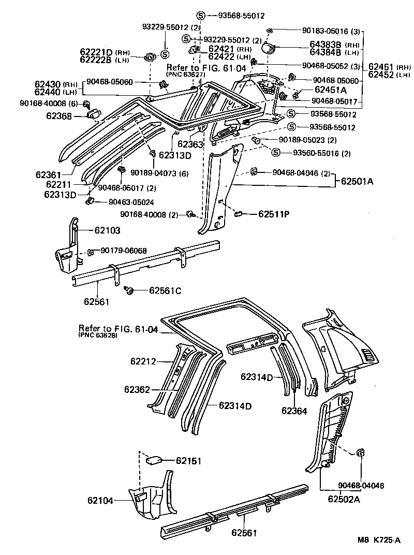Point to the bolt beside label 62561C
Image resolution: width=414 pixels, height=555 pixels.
[x=130, y=291]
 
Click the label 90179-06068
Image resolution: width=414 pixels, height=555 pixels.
[x=124, y=251]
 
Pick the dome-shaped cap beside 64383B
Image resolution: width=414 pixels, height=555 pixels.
[x=268, y=49]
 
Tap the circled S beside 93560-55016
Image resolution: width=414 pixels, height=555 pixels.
[x=275, y=152]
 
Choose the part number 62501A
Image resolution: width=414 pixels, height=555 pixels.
[x=357, y=181]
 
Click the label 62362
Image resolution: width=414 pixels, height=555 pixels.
[x=137, y=389]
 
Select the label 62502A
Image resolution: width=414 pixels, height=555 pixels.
[x=344, y=499]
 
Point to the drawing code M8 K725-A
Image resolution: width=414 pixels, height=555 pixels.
[x=379, y=540]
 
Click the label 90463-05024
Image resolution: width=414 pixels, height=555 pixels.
[x=131, y=202]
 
